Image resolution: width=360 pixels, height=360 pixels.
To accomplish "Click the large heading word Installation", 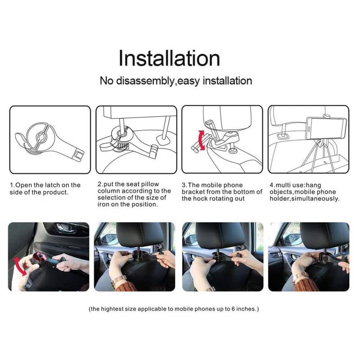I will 169,58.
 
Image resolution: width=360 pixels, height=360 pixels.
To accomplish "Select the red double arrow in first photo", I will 18,266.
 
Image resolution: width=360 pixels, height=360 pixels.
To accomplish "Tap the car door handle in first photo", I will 63,228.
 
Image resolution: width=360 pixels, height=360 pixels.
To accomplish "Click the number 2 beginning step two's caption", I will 99,185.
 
